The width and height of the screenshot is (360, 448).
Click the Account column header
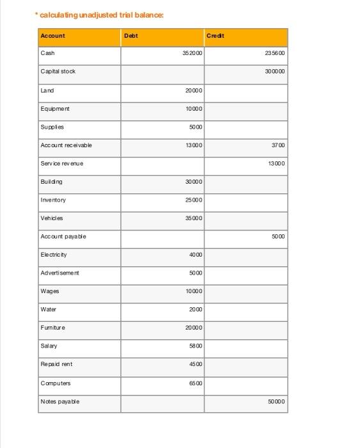[52, 36]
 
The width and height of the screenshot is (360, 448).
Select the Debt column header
[130, 36]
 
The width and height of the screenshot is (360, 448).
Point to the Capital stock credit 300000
[275, 72]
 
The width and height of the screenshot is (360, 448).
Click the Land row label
[47, 90]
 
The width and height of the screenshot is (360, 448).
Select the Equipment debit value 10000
[194, 109]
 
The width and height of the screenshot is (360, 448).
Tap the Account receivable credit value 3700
[278, 145]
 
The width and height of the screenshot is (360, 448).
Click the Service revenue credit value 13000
[276, 163]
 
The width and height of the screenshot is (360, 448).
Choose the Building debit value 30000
[194, 182]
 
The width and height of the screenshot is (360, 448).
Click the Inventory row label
[53, 200]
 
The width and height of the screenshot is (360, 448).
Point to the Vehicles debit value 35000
[194, 218]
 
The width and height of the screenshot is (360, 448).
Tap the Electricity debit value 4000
[196, 255]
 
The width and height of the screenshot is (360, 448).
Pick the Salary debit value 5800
[196, 346]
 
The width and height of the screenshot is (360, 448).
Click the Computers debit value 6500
[196, 383]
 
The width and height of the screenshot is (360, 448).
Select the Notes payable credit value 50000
[276, 401]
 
